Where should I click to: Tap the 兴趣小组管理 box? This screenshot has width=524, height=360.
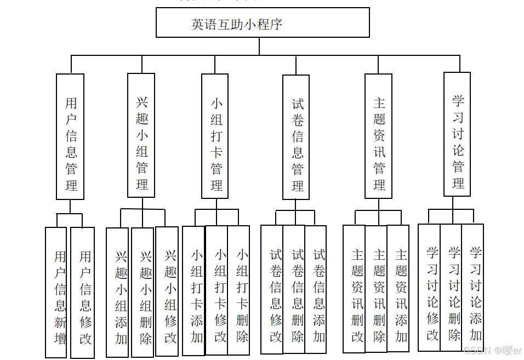click(141, 135)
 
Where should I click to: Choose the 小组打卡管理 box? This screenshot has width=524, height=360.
click(215, 136)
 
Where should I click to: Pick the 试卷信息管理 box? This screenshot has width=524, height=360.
click(296, 137)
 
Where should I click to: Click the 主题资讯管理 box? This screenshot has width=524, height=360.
click(379, 136)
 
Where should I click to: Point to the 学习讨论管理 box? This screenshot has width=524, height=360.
click(457, 134)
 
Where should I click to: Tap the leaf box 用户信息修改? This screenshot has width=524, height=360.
click(83, 293)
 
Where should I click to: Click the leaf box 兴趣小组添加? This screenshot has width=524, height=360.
click(117, 293)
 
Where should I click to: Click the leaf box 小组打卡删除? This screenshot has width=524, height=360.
click(238, 290)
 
